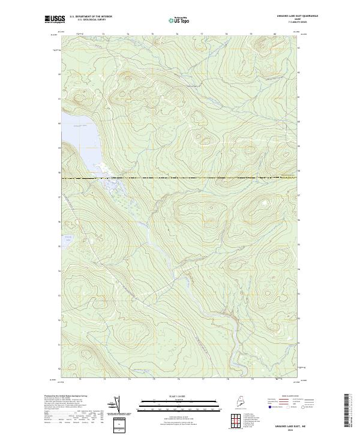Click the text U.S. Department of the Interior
click(91, 16)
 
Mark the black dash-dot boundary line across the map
click(180, 178)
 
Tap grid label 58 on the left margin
click(59, 172)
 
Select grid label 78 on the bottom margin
click(227, 379)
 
